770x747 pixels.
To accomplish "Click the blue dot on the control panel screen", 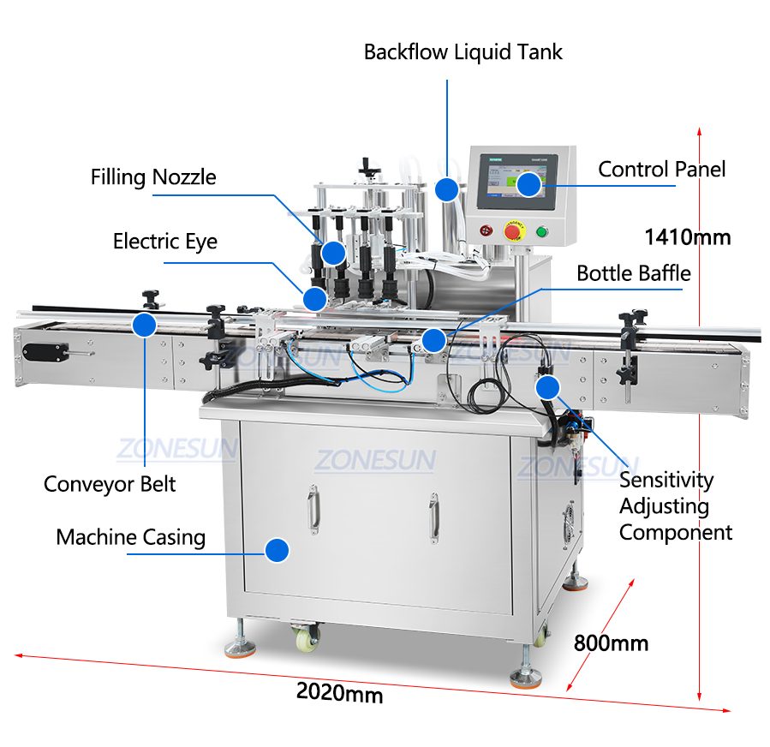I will (x=529, y=183).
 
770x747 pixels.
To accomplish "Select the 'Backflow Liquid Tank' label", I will (x=463, y=51).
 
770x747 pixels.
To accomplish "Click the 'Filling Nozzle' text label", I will (x=153, y=177).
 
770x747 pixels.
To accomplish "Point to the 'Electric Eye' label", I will (x=165, y=242).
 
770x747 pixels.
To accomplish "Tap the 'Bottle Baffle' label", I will (x=633, y=273).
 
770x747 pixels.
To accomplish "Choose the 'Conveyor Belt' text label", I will (x=110, y=484).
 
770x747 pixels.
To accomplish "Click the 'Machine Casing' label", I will (x=131, y=538).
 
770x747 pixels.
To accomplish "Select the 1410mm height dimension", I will (x=687, y=236).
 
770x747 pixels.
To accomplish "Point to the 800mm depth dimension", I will (x=611, y=642).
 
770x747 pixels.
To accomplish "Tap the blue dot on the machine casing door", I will (x=276, y=550).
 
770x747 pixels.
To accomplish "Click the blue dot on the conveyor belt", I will (x=144, y=325).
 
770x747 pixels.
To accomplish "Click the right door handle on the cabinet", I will (x=433, y=517).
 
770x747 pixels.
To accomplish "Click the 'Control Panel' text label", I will (x=661, y=169).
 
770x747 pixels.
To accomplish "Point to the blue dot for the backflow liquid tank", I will (x=445, y=188).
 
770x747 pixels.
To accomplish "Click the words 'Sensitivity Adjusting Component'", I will (x=676, y=506).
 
